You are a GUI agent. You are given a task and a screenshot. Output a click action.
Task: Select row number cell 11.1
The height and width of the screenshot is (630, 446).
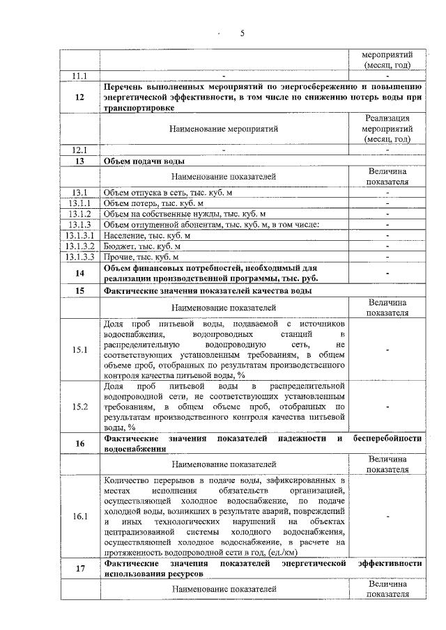80,74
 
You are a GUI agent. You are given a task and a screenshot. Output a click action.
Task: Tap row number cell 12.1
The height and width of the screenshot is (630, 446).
80,150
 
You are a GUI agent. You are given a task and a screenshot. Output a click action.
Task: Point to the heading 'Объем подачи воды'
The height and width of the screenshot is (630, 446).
144,161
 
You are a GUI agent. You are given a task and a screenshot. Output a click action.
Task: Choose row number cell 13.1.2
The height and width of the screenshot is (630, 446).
80,214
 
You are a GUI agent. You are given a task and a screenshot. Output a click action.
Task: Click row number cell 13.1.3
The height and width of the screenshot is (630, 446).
80,224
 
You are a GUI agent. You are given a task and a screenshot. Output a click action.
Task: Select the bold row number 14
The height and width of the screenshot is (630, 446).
80,273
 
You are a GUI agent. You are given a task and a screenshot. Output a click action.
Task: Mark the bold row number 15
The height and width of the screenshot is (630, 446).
80,290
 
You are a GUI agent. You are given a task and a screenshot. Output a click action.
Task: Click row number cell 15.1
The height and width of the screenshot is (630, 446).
80,349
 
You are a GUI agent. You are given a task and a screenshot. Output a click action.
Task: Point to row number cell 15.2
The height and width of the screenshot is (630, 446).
80,407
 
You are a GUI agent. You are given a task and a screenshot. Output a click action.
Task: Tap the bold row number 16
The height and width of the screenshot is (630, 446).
80,443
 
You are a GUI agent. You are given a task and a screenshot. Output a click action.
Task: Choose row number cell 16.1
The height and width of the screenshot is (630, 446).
80,517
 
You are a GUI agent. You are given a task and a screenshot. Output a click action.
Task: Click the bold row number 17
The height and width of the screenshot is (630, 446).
80,569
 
